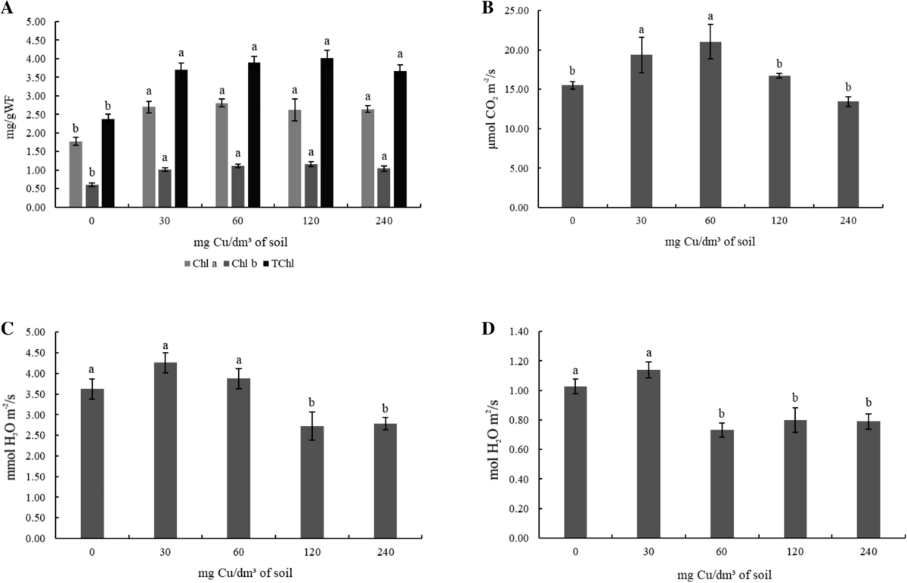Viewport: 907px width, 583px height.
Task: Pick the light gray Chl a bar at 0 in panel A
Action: coord(76,174)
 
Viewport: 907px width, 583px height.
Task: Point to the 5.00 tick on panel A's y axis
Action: coord(36,22)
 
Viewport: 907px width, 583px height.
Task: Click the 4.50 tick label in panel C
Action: coord(36,353)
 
